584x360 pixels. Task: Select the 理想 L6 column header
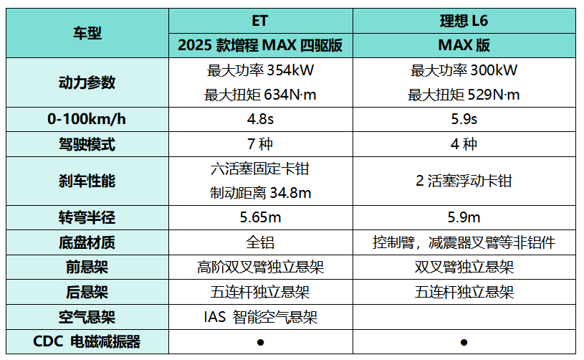click(x=464, y=20)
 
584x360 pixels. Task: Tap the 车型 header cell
click(x=87, y=33)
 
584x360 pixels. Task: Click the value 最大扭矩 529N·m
click(x=464, y=95)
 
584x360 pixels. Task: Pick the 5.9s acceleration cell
click(x=464, y=119)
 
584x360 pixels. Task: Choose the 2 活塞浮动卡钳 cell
click(x=464, y=181)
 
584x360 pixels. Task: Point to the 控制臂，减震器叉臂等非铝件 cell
click(x=464, y=242)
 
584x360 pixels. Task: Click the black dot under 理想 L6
click(x=464, y=342)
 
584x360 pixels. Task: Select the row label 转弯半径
click(x=87, y=217)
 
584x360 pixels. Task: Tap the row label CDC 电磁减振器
click(x=87, y=341)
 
